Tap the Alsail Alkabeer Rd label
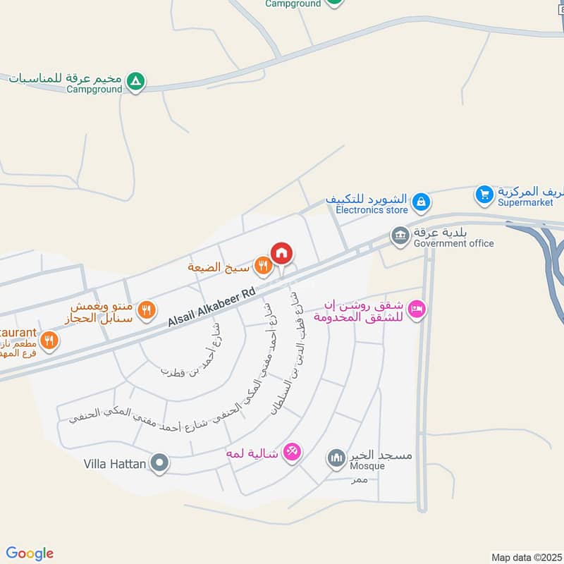[x=211, y=309]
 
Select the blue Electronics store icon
[x=421, y=202]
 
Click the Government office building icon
[x=400, y=235]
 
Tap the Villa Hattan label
[x=114, y=464]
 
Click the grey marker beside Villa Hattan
[x=161, y=464]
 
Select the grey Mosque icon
[x=336, y=459]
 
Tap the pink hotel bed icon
[x=417, y=309]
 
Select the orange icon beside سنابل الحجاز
[x=146, y=309]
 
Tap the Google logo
[x=30, y=553]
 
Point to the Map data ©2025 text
[x=525, y=557]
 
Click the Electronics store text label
[x=372, y=210]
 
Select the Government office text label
[x=454, y=244]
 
